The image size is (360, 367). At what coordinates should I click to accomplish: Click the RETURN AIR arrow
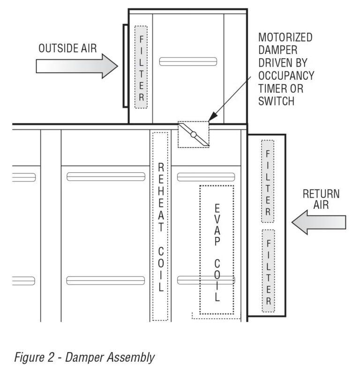[x=318, y=222]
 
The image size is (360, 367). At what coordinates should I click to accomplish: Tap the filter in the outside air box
[x=141, y=67]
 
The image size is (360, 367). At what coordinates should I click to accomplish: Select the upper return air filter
[x=268, y=181]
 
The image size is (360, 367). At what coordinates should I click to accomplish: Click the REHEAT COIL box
[x=160, y=226]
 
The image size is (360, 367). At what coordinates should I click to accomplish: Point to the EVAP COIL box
[x=217, y=250]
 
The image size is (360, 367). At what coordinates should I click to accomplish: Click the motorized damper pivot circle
[x=193, y=135]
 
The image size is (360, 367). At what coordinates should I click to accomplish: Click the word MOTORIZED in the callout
[x=285, y=38]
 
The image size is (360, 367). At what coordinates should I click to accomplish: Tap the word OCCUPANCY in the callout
[x=286, y=75]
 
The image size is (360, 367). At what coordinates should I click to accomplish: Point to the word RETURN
[x=321, y=194]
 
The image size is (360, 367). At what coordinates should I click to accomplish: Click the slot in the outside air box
[x=188, y=61]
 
